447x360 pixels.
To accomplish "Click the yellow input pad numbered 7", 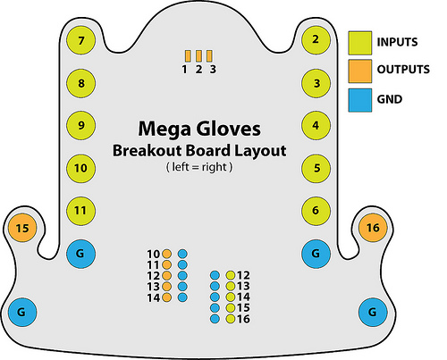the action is pos(80,40).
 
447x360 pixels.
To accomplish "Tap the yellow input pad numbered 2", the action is pos(316,39).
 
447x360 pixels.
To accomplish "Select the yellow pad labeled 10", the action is pos(80,168).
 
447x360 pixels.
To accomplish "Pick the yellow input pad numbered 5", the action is pos(316,168).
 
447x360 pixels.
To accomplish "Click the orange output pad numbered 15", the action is pos(22,229).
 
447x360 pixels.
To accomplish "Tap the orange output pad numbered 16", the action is pos(373,228).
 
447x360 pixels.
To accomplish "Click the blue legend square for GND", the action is pos(360,100).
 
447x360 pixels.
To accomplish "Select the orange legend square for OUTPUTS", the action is pos(360,71).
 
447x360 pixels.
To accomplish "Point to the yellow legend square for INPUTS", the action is pos(360,43).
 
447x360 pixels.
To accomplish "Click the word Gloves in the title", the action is pos(228,129).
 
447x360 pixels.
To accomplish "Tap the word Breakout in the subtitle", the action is pos(148,150).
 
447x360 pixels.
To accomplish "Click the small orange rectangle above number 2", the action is pos(198,55).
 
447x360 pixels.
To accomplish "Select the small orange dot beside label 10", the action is pos(166,254).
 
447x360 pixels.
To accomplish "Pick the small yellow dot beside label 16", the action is pos(231,319).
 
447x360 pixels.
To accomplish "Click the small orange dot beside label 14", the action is pos(166,297).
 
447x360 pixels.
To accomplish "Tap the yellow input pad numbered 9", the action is pos(80,125).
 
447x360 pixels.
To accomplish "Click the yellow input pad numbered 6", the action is pos(316,211).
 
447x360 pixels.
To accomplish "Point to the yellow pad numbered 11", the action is pos(80,211).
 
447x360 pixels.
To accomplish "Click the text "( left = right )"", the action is pos(199,167).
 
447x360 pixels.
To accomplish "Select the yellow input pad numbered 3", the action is pos(316,83).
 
